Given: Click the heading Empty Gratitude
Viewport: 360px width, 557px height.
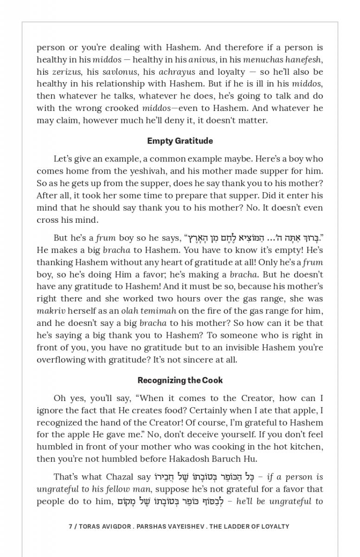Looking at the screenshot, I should click(x=180, y=141).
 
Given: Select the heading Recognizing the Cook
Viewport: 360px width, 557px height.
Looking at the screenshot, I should click(x=180, y=380).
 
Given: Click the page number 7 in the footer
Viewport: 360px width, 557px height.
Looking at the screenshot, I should click(x=70, y=526).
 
